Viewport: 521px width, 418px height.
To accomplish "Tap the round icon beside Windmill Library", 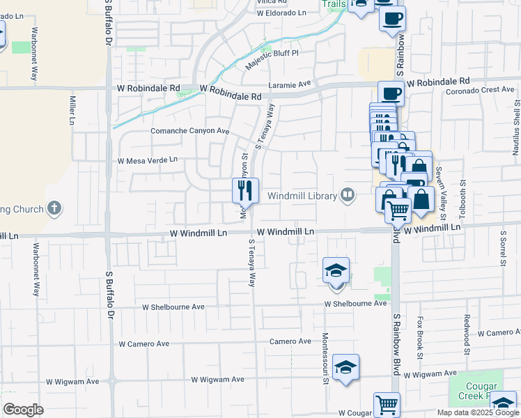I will pyautogui.click(x=348, y=196).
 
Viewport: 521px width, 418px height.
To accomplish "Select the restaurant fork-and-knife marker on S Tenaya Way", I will pyautogui.click(x=245, y=190).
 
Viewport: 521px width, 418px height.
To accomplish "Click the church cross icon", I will pyautogui.click(x=54, y=208).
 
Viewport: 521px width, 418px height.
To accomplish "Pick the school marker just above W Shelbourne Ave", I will pyautogui.click(x=336, y=271).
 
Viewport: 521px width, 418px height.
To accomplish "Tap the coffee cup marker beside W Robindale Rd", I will pyautogui.click(x=391, y=93).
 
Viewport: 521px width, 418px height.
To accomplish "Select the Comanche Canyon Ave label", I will pyautogui.click(x=190, y=131).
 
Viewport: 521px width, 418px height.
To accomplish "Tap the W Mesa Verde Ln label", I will pyautogui.click(x=147, y=160).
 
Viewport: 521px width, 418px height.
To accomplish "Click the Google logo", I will pyautogui.click(x=23, y=410).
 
